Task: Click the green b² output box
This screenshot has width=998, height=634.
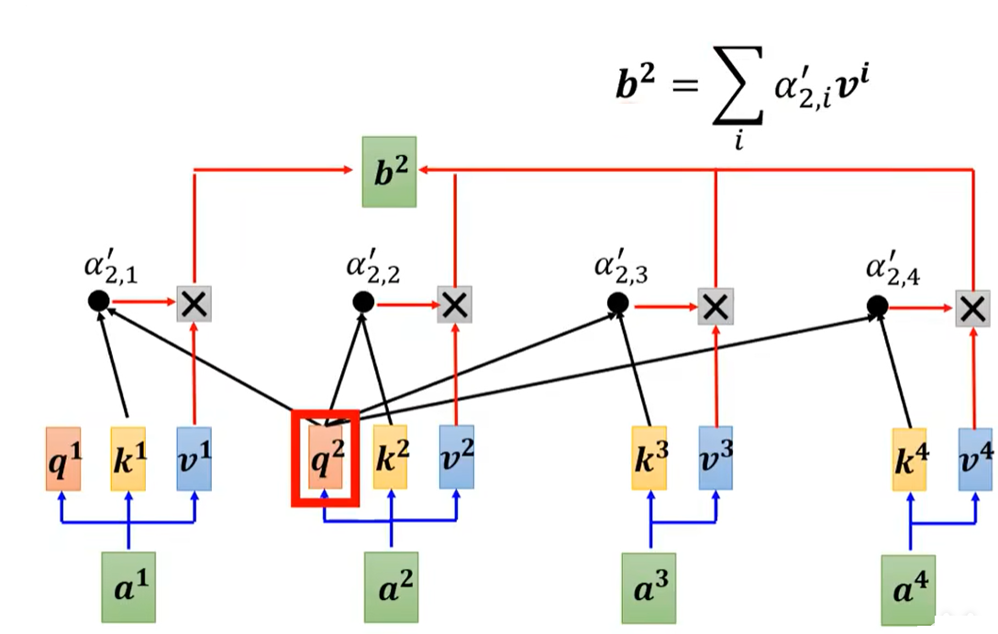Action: [390, 172]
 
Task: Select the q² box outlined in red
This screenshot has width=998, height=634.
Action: [324, 457]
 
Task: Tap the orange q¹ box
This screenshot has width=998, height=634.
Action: [63, 457]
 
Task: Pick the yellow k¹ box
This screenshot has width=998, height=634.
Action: [128, 457]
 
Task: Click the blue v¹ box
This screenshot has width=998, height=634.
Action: [194, 457]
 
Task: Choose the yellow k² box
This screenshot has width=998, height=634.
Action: [392, 457]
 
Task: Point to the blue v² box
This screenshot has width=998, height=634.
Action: [457, 457]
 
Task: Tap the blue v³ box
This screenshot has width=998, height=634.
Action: [716, 457]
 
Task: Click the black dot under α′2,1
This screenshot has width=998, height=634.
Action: [98, 300]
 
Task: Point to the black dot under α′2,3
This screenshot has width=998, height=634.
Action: [617, 302]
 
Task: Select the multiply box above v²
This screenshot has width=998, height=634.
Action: [454, 304]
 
